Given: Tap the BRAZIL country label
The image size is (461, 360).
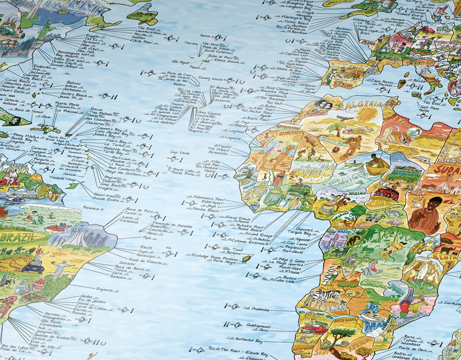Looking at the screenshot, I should [x=18, y=237].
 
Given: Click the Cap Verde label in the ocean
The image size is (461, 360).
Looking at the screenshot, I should [x=180, y=153].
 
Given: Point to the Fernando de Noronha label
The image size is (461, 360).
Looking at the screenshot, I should [x=164, y=220].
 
